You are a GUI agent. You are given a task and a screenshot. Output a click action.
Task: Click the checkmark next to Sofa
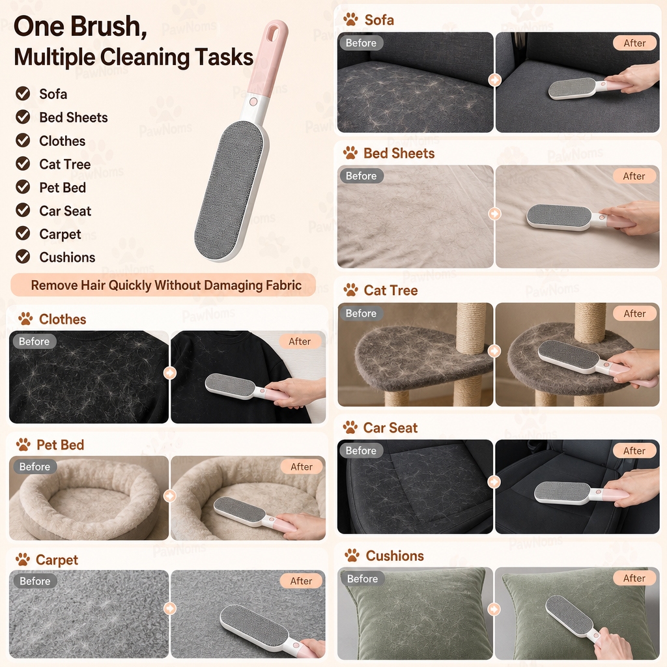[x=23, y=93]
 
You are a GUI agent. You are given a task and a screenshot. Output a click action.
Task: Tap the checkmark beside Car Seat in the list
[x=23, y=210]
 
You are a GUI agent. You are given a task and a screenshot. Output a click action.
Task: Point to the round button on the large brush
[x=253, y=102]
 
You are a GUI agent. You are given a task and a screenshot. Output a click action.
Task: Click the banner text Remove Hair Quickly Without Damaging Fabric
[x=166, y=285]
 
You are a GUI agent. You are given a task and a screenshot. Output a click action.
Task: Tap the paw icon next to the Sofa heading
[x=350, y=19]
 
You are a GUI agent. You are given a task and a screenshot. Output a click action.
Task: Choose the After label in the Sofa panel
[x=634, y=43]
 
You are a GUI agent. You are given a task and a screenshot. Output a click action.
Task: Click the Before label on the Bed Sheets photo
[x=361, y=176]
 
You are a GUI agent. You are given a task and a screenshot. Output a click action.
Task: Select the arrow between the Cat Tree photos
[x=494, y=351]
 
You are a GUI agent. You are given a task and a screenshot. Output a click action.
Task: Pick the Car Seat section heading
[x=390, y=427]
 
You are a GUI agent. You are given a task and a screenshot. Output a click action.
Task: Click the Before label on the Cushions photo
[x=362, y=578]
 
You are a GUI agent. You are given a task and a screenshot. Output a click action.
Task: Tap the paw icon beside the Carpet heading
[x=23, y=560]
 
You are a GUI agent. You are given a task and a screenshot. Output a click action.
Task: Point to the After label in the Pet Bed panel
[x=301, y=466]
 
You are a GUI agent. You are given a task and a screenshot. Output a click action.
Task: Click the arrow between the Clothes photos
[x=170, y=373]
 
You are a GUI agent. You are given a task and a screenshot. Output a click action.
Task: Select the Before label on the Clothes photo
[x=34, y=341]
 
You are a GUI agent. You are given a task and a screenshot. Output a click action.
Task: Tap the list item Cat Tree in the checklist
[x=64, y=164]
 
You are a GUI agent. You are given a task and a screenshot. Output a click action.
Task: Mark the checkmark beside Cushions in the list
[x=23, y=257]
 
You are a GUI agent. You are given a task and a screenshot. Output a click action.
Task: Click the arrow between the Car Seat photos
[x=494, y=482]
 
